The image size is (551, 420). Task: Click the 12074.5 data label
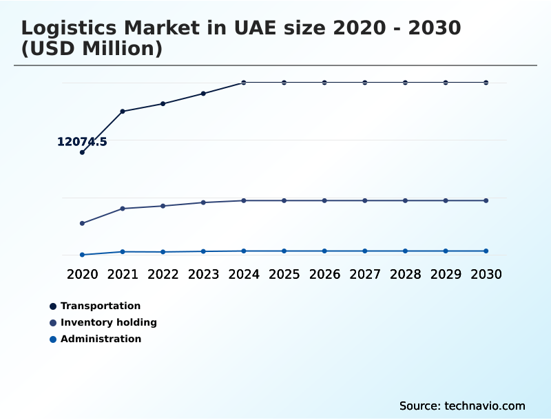[82, 142]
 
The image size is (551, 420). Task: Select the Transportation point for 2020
[82, 152]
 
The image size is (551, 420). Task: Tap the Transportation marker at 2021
[123, 111]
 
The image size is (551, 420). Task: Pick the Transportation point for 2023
[203, 93]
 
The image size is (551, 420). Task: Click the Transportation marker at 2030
[486, 83]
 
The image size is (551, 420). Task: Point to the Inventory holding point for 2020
[82, 223]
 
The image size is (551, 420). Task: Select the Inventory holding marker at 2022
[163, 206]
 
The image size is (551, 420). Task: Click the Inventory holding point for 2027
[365, 200]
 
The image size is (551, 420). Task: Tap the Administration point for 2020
[82, 255]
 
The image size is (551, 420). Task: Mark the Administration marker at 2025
[284, 251]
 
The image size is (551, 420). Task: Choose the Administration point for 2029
[446, 251]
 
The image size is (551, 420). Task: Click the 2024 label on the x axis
[244, 274]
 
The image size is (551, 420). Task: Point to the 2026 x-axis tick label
[324, 274]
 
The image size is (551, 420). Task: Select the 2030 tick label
[486, 274]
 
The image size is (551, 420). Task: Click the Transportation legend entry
[100, 306]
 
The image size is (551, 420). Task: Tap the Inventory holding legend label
[108, 322]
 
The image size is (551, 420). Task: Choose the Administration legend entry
[101, 339]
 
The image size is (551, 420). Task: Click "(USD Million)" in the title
[92, 49]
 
